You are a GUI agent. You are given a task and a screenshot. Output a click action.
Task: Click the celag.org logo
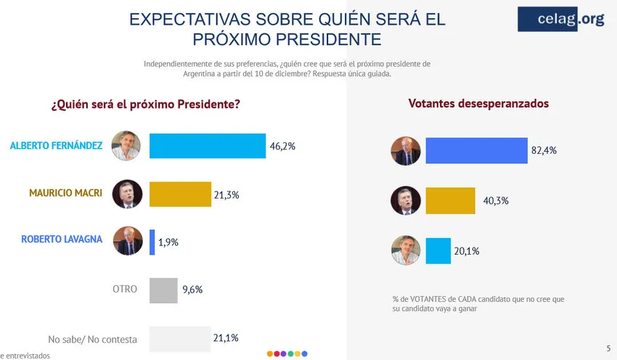[x=560, y=20]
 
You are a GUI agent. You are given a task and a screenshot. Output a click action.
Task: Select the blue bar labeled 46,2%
[x=208, y=146]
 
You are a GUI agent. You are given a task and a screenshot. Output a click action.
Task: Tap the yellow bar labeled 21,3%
[x=180, y=194]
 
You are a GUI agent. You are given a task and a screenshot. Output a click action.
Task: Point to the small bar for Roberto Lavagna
[x=152, y=242]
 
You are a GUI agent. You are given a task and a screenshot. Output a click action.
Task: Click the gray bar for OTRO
[x=163, y=290]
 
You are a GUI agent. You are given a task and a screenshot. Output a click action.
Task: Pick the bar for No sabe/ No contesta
[x=179, y=337]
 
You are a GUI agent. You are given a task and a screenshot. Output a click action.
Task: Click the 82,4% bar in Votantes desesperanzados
[x=476, y=150]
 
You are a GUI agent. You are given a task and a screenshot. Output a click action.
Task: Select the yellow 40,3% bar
[x=450, y=201]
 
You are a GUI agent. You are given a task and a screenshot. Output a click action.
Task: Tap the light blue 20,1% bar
[x=438, y=250]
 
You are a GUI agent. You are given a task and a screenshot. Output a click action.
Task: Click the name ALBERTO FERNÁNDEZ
[x=55, y=146]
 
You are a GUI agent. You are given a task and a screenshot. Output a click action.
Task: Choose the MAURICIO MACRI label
[x=65, y=194]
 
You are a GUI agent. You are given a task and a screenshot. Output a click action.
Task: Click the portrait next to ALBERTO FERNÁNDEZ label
[x=126, y=146]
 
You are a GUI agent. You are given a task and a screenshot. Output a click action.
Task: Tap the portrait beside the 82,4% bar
[x=406, y=151]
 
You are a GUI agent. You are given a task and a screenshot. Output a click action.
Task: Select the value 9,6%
[x=192, y=290]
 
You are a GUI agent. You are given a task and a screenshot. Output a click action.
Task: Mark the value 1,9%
[x=168, y=242]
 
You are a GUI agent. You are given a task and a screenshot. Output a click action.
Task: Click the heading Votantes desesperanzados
[x=478, y=104]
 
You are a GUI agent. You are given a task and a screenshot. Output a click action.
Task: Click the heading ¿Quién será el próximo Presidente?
[x=145, y=105]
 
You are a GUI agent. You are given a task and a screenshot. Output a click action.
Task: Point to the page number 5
[x=608, y=348]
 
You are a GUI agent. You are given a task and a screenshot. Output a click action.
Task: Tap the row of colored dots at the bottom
[x=287, y=353]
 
